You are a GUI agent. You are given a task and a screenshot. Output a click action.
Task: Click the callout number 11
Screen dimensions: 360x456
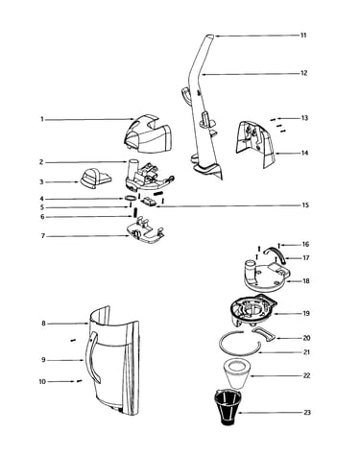click(303, 35)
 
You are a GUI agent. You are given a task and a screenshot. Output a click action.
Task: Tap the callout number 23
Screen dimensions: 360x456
click(307, 413)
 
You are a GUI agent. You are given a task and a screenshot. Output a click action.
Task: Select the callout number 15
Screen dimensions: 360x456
click(305, 204)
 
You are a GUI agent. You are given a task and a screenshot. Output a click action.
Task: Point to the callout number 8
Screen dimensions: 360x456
click(43, 324)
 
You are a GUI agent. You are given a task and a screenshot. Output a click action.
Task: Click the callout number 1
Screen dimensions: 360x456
click(41, 119)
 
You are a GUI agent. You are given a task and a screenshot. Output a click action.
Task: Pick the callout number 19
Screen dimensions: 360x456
click(306, 313)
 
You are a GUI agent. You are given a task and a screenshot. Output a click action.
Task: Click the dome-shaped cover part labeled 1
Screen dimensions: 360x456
click(148, 132)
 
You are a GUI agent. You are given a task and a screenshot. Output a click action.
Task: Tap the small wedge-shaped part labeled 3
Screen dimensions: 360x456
click(95, 178)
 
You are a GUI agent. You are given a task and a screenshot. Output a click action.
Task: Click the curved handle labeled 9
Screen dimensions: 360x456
click(92, 357)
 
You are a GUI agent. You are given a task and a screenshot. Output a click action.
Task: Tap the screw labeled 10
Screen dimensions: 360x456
click(79, 381)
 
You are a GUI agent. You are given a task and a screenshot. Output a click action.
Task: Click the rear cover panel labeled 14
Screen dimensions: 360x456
click(255, 144)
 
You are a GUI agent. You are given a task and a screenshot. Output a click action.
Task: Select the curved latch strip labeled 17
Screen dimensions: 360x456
click(276, 253)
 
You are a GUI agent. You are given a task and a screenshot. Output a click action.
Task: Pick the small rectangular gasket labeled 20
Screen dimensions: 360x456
click(264, 333)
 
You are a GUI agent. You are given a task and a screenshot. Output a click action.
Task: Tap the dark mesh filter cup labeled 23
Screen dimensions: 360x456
click(227, 406)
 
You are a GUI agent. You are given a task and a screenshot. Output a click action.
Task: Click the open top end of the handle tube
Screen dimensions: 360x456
click(210, 36)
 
